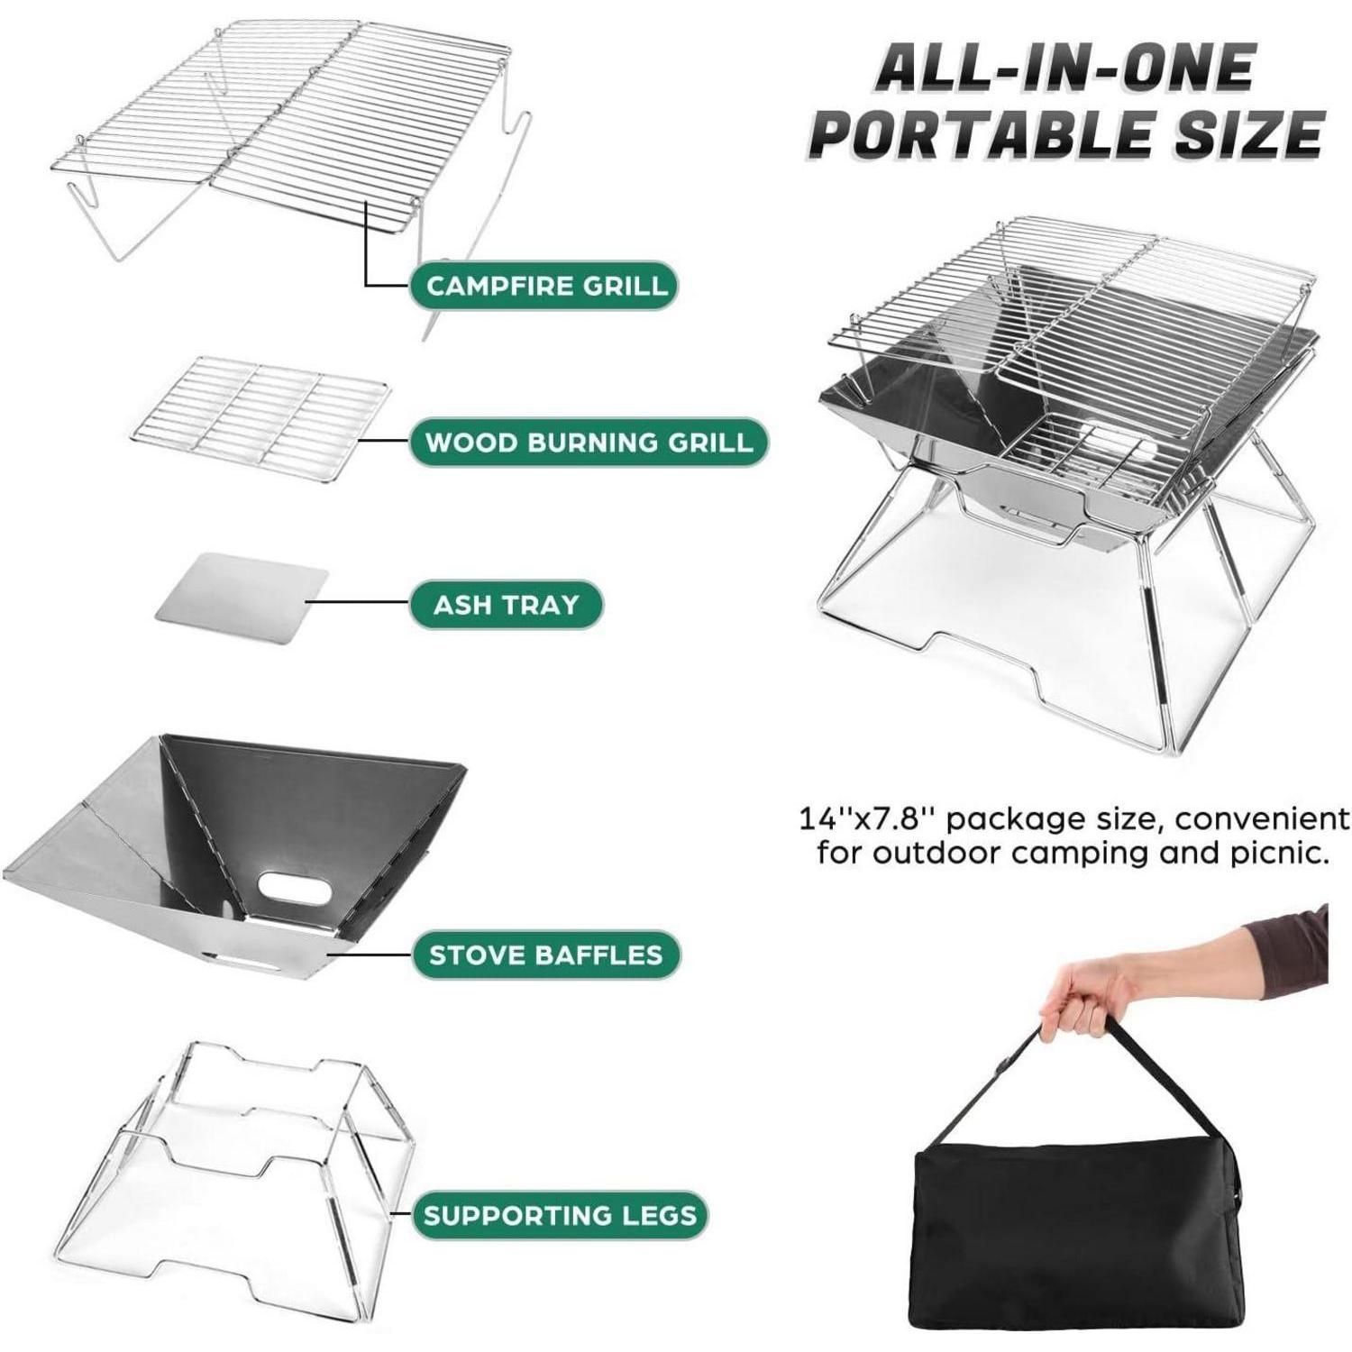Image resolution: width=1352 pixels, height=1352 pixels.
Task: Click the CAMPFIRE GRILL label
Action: (x=544, y=286)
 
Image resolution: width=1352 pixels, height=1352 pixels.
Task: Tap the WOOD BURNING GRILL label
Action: (x=589, y=442)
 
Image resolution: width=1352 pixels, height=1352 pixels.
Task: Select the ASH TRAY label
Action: (x=506, y=604)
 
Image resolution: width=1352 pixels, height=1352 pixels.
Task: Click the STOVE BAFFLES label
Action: (x=545, y=955)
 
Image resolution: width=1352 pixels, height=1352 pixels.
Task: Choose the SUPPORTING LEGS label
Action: (x=560, y=1214)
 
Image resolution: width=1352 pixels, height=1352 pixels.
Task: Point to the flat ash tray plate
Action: (x=242, y=598)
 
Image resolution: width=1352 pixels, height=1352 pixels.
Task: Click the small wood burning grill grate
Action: (x=260, y=410)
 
